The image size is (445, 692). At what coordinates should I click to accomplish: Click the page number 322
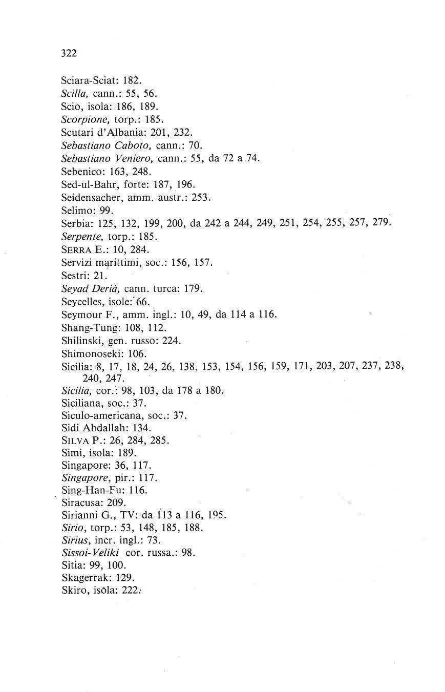[69, 52]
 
